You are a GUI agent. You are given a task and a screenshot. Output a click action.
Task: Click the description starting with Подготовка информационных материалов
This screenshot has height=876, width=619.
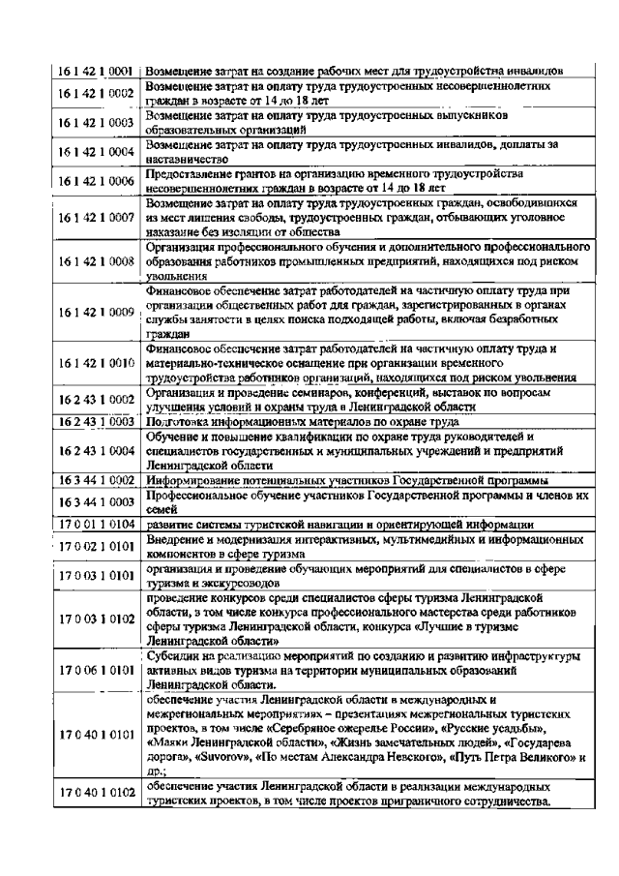tap(309, 421)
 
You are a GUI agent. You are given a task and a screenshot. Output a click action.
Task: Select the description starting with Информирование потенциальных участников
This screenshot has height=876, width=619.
tap(347, 480)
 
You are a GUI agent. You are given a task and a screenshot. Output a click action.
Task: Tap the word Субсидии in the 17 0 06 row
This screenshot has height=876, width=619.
tap(172, 655)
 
